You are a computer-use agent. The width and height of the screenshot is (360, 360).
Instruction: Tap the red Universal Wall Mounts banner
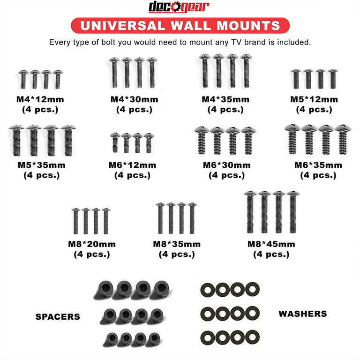[180, 25]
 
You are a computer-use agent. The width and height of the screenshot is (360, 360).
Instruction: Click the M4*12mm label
[41, 99]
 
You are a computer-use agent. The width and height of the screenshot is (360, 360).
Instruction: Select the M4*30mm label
[134, 99]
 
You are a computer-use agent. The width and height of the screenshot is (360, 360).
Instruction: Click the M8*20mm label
[92, 244]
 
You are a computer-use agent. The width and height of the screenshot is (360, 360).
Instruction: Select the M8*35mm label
[177, 244]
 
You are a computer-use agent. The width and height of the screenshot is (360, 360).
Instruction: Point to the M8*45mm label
[271, 244]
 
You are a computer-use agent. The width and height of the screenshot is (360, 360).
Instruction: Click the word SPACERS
[58, 317]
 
